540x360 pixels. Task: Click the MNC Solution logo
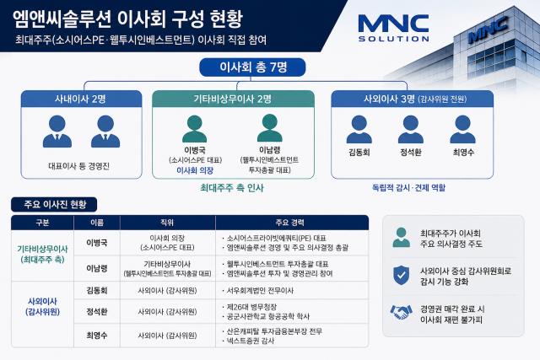[393, 28]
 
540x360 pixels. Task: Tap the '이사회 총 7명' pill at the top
[252, 67]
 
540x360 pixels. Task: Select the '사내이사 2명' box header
[81, 99]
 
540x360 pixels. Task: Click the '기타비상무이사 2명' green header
[233, 99]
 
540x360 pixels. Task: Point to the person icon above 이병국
[195, 129]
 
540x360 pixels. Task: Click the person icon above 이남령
[270, 128]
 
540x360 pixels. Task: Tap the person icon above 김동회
[359, 129]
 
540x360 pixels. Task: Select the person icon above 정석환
[411, 129]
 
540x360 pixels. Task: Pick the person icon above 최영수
[463, 129]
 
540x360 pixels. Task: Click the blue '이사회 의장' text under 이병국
[195, 170]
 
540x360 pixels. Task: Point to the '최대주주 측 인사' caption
[232, 188]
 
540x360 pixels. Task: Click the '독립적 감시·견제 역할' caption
[408, 188]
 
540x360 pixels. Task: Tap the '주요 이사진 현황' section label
[54, 204]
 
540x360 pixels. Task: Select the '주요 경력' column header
[290, 223]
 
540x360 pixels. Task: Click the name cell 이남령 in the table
[97, 268]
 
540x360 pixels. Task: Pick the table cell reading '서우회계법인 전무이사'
[259, 291]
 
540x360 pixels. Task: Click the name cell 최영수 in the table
[97, 336]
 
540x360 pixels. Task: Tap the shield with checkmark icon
[402, 276]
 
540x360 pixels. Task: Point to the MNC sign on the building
[488, 30]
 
